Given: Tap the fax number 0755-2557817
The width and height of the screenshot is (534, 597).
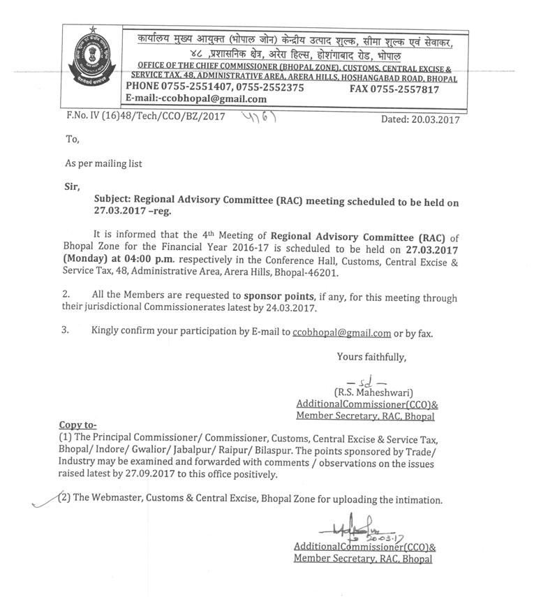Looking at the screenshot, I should (x=404, y=89).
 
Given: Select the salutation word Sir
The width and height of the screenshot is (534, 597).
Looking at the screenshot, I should (x=73, y=186).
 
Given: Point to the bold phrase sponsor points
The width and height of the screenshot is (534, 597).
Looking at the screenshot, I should (x=278, y=296).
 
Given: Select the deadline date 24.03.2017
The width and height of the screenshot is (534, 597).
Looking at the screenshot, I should (x=294, y=308).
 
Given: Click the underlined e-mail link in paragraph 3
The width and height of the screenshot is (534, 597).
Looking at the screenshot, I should (x=342, y=333).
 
